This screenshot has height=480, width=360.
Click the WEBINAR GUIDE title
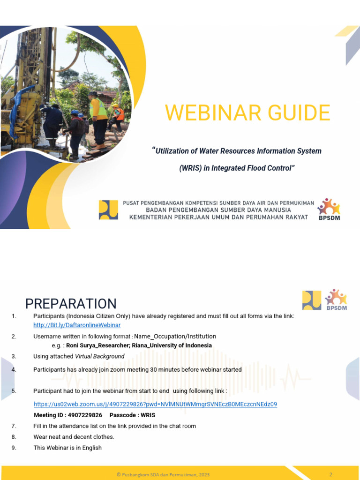click(247, 113)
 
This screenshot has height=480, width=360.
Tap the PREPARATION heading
click(71, 304)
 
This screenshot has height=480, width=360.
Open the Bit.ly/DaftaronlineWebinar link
click(77, 325)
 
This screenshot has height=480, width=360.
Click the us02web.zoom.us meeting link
click(155, 404)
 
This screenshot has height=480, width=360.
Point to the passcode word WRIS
click(147, 415)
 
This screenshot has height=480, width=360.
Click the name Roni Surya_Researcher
click(97, 345)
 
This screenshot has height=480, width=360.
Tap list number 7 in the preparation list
click(14, 426)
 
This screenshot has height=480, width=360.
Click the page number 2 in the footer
click(331, 474)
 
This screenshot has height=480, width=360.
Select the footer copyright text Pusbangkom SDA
click(163, 474)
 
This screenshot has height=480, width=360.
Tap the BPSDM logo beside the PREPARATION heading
click(335, 300)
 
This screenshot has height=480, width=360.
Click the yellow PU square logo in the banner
click(108, 210)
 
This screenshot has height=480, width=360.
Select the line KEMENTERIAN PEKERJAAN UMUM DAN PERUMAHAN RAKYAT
click(218, 217)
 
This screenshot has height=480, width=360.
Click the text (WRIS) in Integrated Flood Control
click(238, 168)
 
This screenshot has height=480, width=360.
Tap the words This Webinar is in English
click(67, 448)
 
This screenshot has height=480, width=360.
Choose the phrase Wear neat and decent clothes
click(74, 437)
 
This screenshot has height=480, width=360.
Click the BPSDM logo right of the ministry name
click(329, 209)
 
